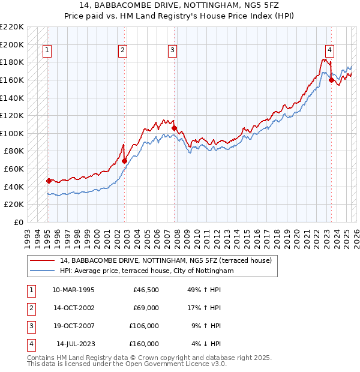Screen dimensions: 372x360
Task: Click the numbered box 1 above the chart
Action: click(x=47, y=51)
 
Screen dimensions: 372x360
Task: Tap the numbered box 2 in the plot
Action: click(x=122, y=51)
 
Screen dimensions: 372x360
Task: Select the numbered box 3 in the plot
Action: click(x=172, y=51)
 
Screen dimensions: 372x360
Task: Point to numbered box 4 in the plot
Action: click(x=330, y=51)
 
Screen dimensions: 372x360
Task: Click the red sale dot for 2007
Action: click(x=174, y=128)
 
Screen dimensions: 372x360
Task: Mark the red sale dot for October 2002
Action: click(x=125, y=161)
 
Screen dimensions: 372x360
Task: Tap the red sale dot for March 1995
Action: click(x=49, y=181)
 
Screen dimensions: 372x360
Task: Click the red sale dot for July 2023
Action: click(x=331, y=80)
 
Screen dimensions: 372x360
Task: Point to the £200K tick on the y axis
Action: click(x=12, y=44)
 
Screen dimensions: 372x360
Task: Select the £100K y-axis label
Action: click(x=12, y=133)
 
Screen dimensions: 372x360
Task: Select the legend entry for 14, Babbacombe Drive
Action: click(x=166, y=260)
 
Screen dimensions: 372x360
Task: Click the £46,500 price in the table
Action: click(x=146, y=289)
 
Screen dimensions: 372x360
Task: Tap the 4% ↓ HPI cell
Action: click(x=206, y=344)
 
